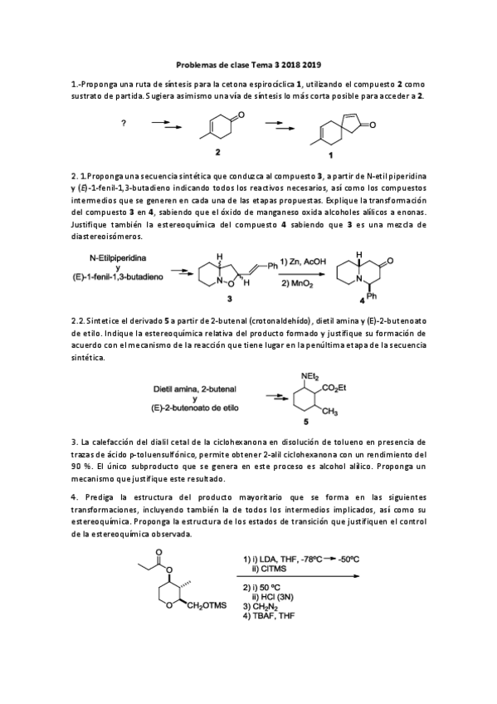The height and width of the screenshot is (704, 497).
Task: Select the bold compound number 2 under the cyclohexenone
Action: (217, 153)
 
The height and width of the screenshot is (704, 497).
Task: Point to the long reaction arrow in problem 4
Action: (298, 576)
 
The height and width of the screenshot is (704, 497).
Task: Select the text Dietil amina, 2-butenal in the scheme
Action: (197, 388)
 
